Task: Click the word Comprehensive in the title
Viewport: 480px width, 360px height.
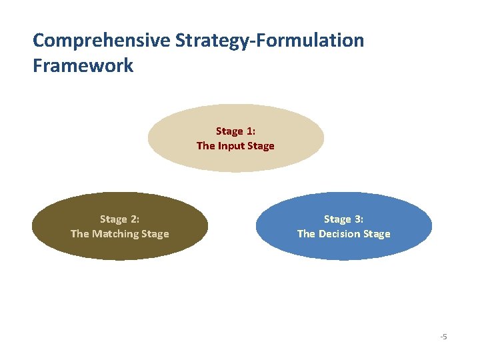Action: pos(101,40)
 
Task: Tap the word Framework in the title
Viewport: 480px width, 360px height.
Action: pos(83,65)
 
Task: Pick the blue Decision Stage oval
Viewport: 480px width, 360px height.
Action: pos(343,249)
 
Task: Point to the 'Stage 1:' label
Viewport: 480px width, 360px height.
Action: pos(235,131)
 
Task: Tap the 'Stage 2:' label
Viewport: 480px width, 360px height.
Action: pos(120,219)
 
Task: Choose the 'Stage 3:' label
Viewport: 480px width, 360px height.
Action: pos(343,219)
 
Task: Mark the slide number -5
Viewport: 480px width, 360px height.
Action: pos(443,337)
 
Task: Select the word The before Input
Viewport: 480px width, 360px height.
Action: pos(206,146)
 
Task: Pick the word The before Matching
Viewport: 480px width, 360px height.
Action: pos(80,234)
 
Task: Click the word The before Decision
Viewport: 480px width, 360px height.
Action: pos(307,234)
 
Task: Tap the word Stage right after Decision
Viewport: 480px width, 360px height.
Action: pos(376,234)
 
